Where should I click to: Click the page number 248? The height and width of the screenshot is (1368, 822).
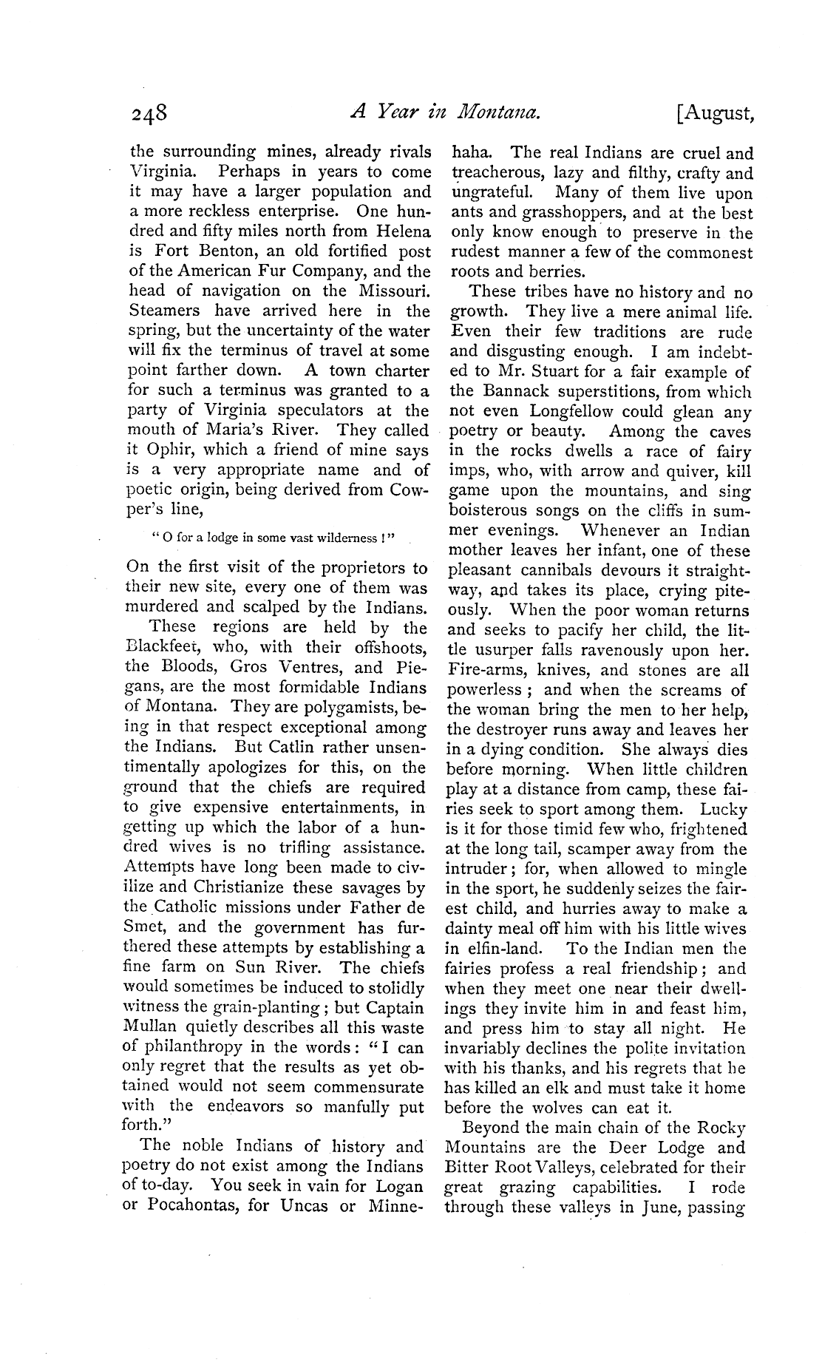point(149,115)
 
